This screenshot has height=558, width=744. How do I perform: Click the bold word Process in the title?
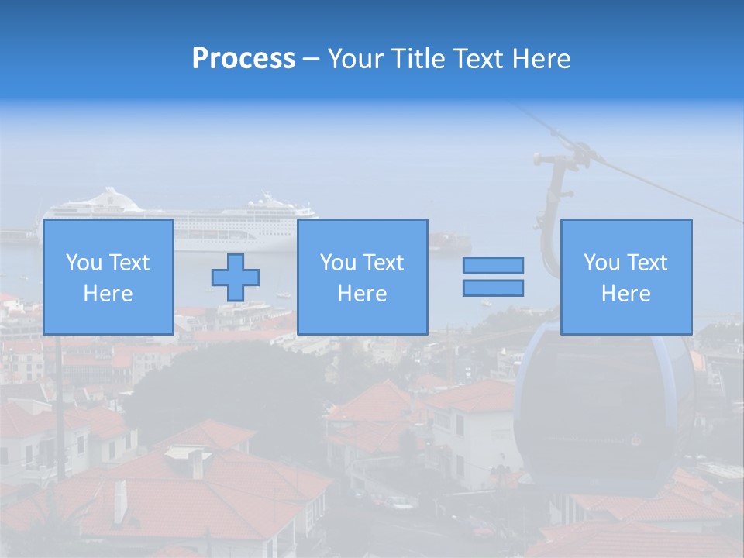point(243,59)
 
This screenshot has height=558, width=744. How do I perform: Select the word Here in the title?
point(542,59)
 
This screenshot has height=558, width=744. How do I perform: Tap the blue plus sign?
point(236,277)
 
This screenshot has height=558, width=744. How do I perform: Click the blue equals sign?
point(493,277)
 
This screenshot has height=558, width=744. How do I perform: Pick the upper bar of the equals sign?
point(493,266)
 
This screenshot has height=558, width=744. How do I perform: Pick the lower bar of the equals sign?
point(493,288)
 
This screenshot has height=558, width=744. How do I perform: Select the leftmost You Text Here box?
point(108,277)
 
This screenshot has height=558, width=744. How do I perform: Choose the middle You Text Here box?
point(362,277)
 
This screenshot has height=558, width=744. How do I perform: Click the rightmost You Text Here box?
point(625,277)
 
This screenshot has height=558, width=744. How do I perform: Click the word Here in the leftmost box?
point(108,294)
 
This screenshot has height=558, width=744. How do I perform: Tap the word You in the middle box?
point(338,263)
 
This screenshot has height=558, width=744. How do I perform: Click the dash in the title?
point(311,59)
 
